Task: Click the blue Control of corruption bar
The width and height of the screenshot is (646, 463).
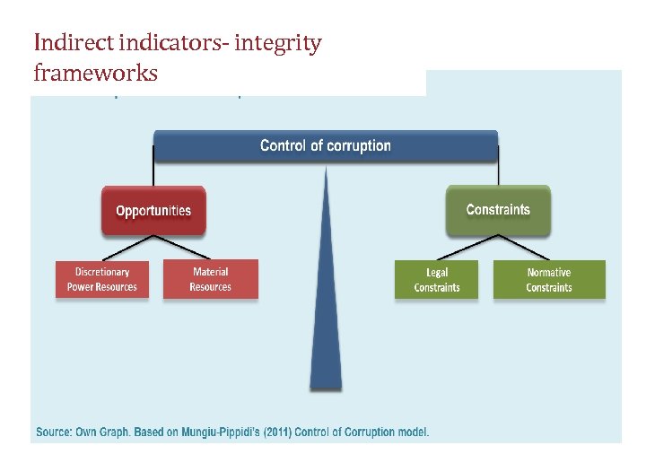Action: pyautogui.click(x=325, y=145)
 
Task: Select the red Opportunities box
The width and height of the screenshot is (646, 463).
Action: pyautogui.click(x=153, y=211)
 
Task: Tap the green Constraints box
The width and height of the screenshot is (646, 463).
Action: pyautogui.click(x=498, y=210)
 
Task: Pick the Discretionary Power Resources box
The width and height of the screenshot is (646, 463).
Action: pyautogui.click(x=102, y=280)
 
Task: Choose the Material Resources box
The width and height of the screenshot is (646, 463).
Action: pyautogui.click(x=211, y=280)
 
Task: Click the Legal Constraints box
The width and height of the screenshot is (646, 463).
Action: pyautogui.click(x=437, y=280)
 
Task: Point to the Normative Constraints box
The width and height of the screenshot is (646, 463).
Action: pyautogui.click(x=549, y=280)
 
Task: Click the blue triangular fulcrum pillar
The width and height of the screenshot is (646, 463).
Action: pyautogui.click(x=326, y=305)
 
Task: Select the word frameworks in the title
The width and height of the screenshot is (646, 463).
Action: pyautogui.click(x=95, y=73)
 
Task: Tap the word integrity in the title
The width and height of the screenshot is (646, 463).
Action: pyautogui.click(x=278, y=43)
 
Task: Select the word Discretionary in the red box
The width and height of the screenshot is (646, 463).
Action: pyautogui.click(x=102, y=272)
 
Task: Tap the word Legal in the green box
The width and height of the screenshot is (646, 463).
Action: pyautogui.click(x=437, y=273)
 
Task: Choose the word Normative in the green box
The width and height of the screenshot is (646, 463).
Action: pyautogui.click(x=549, y=273)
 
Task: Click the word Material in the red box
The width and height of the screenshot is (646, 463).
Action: pyautogui.click(x=211, y=272)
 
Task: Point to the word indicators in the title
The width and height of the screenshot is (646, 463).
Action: pyautogui.click(x=166, y=43)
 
